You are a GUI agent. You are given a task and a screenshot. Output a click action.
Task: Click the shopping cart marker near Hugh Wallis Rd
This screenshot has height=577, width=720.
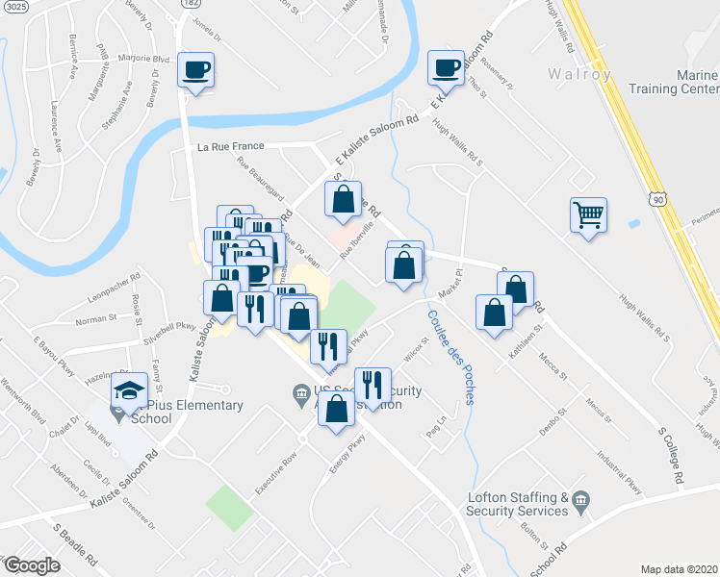[x=588, y=214]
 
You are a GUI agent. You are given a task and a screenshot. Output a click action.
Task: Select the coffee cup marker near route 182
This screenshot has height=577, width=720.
[x=195, y=70]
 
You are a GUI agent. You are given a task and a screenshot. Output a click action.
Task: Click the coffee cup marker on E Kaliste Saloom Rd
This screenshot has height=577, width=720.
[x=446, y=68]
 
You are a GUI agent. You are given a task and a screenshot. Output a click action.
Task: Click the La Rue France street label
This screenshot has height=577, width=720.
[x=230, y=147]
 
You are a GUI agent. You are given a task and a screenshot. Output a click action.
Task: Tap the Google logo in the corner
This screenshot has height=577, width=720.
[x=31, y=565]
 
